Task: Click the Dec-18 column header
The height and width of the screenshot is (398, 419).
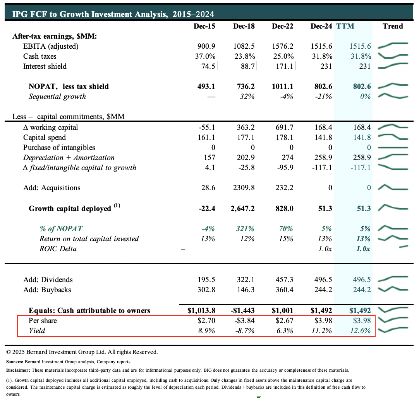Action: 244,26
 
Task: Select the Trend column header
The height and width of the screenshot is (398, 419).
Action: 393,26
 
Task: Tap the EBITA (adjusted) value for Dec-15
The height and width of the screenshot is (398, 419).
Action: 206,46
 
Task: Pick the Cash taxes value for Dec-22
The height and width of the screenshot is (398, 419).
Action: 283,56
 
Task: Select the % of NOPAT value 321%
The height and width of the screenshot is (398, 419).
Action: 245,229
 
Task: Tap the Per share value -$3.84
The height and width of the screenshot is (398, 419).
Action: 244,321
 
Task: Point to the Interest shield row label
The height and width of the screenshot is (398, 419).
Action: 45,66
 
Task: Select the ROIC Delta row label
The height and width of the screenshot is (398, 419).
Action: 58,249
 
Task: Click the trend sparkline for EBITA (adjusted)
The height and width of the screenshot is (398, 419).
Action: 393,46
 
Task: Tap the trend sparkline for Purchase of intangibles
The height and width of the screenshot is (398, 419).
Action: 393,148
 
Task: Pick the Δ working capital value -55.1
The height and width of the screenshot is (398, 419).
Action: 206,128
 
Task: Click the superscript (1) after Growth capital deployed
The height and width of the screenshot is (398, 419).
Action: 117,206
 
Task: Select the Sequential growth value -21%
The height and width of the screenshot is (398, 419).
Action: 323,97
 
